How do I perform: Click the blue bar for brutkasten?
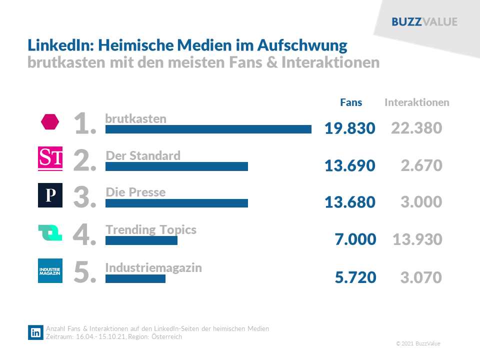[x=208, y=129]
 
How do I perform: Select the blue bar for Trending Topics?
[x=141, y=240]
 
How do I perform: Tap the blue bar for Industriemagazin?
[x=135, y=278]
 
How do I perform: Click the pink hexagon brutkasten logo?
[x=50, y=121]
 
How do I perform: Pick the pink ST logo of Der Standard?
[x=50, y=159]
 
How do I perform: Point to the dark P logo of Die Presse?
[x=50, y=195]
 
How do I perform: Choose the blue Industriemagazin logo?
[x=50, y=271]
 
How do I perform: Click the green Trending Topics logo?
[x=50, y=233]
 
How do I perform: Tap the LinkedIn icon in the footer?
[x=35, y=333]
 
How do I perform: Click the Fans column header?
[x=351, y=102]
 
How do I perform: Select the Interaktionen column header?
[x=416, y=102]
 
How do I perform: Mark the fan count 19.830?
[x=349, y=128]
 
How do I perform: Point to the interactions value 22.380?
[x=416, y=128]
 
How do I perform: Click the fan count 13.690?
[x=349, y=165]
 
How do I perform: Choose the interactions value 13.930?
[x=417, y=239]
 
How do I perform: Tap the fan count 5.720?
[x=355, y=277]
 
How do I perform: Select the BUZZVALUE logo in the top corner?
[x=424, y=22]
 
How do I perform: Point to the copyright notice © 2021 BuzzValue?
[x=418, y=343]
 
